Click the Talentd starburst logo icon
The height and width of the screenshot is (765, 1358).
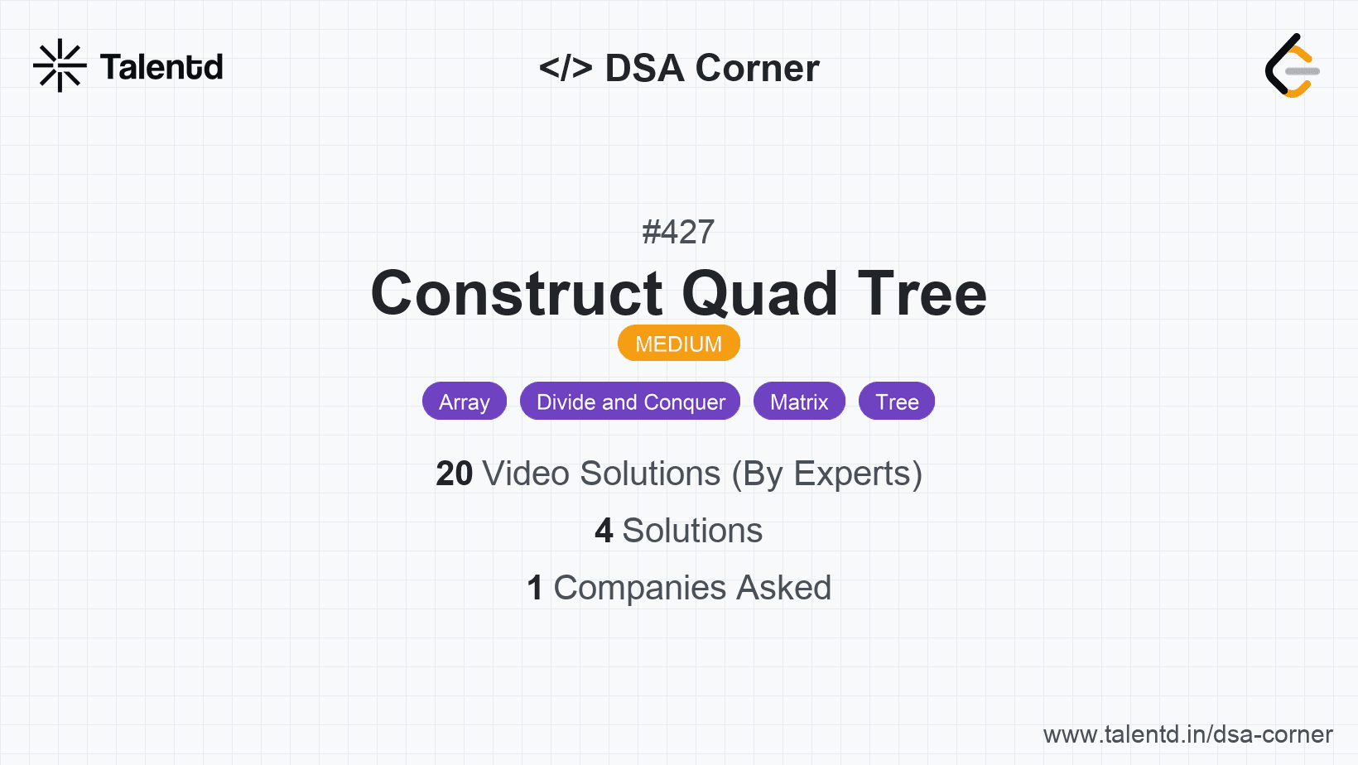60,65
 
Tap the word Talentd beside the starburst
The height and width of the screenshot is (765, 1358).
161,67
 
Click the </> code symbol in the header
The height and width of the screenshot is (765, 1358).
565,68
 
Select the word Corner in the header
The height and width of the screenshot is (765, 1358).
757,68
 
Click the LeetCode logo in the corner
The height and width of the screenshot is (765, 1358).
1292,65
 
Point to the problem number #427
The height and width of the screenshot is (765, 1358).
678,232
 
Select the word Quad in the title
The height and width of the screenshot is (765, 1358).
760,294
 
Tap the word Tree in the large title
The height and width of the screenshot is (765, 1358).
922,294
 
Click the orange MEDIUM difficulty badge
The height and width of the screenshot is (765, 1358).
678,344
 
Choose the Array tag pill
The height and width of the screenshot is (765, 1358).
465,402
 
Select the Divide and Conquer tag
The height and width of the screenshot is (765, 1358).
630,402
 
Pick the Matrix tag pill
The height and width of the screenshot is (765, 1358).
799,402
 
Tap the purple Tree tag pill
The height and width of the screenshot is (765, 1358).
897,402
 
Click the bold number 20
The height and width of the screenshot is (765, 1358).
454,474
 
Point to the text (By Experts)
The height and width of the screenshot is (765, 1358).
827,474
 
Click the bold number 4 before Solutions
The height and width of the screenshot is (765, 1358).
604,531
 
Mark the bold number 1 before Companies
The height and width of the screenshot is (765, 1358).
535,587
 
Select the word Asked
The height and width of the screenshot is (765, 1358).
784,587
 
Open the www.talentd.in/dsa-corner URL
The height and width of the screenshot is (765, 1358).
1187,734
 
